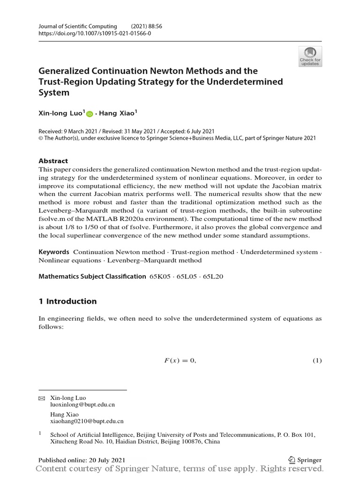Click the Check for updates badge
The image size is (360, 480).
click(310, 56)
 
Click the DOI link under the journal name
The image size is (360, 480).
click(95, 34)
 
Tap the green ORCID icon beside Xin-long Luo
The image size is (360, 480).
click(90, 113)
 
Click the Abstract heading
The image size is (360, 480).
click(53, 160)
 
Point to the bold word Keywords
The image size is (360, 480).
click(54, 252)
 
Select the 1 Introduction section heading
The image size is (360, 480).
click(67, 301)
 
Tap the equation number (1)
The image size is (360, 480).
click(317, 360)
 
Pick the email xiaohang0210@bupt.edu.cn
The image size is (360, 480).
click(87, 421)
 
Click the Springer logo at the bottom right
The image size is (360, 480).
click(305, 460)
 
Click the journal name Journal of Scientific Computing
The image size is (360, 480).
click(77, 26)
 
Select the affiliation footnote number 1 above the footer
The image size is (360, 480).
click(40, 434)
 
